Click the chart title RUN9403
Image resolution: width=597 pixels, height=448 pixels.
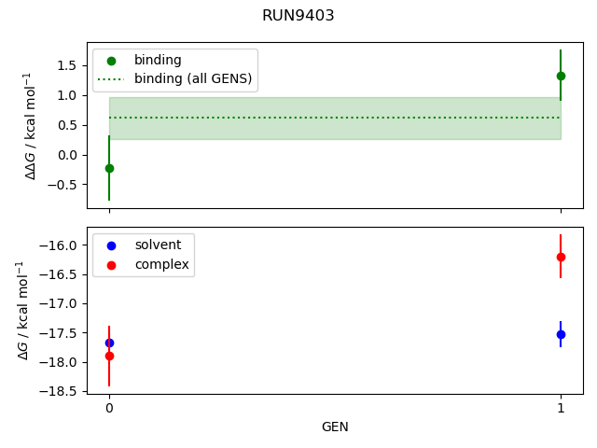pyautogui.click(x=298, y=16)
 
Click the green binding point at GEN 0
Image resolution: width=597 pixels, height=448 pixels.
pyautogui.click(x=109, y=168)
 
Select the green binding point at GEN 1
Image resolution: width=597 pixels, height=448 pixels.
pyautogui.click(x=561, y=76)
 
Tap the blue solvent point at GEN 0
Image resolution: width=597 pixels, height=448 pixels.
pyautogui.click(x=109, y=343)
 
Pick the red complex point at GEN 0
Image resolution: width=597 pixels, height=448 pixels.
pyautogui.click(x=109, y=356)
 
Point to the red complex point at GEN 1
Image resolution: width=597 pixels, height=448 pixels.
pyautogui.click(x=561, y=257)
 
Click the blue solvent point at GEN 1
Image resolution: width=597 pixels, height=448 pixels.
pyautogui.click(x=561, y=334)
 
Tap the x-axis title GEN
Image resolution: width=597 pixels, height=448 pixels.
pyautogui.click(x=335, y=427)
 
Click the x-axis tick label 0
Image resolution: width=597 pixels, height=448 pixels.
pyautogui.click(x=109, y=408)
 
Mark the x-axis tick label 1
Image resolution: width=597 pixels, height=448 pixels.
pyautogui.click(x=561, y=408)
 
